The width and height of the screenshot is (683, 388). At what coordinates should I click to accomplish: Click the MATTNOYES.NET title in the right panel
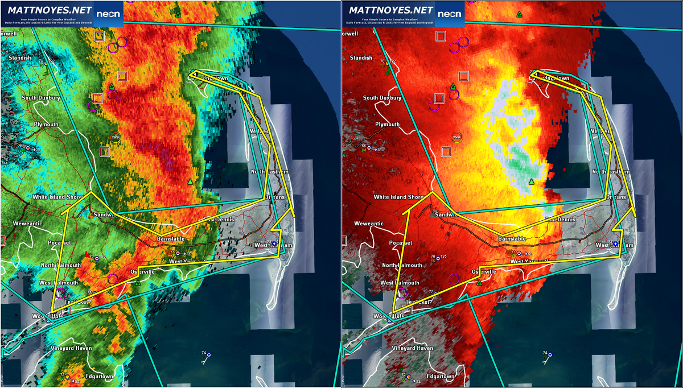coord(390,10)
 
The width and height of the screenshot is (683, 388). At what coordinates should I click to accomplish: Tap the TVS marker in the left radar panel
coord(116,137)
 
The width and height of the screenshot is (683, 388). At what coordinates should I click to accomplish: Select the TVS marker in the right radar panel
coord(456,137)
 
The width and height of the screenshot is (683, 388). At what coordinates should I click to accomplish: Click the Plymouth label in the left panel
coord(45,125)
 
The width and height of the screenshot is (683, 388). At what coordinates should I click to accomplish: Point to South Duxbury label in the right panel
coord(382,98)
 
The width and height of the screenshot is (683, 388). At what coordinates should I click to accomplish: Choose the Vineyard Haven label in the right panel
coord(413,348)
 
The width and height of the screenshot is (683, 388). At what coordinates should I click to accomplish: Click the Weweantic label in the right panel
coord(360,224)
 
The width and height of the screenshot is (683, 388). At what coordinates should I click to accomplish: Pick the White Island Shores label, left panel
coord(59,197)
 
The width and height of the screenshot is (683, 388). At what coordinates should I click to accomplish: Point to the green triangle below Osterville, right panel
coord(479,282)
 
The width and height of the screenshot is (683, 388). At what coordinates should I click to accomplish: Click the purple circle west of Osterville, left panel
coord(113,278)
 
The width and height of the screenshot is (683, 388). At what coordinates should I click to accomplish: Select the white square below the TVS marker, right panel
coord(446,151)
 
